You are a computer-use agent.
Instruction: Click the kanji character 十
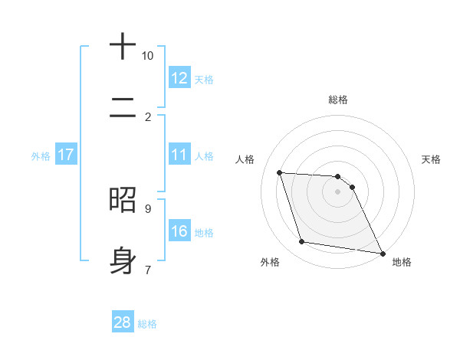tap(123, 47)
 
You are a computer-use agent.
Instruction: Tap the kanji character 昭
tap(123, 199)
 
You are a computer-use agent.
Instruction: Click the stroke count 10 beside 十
tap(148, 56)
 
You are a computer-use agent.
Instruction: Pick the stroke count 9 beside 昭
tap(148, 208)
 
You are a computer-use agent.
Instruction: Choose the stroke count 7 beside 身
tap(148, 269)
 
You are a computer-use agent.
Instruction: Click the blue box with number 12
tap(179, 78)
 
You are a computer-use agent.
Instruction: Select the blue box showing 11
tap(179, 155)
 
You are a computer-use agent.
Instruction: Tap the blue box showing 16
tap(179, 231)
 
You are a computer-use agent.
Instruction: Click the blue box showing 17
tap(66, 155)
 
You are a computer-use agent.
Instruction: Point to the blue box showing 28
tap(123, 322)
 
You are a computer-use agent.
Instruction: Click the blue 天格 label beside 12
tap(204, 79)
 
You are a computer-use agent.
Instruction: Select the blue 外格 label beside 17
tap(41, 155)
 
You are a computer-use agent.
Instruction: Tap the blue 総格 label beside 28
tap(147, 323)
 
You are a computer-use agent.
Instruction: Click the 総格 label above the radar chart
tap(338, 100)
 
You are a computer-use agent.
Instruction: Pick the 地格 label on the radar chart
tap(402, 262)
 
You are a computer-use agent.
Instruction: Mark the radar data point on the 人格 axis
tap(280, 173)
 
